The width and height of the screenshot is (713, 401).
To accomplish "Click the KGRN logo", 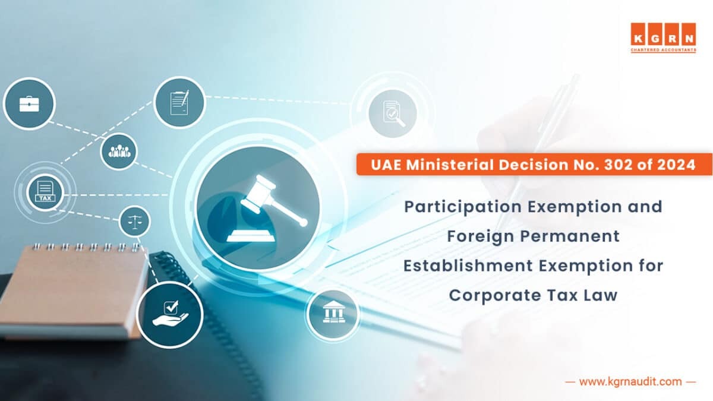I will tap(663, 37).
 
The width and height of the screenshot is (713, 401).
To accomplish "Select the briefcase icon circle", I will tap(29, 104).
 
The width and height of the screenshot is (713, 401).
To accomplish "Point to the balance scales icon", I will tap(135, 222).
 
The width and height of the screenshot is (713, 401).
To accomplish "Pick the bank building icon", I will tap(333, 314).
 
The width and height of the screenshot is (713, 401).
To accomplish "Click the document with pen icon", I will tap(179, 102).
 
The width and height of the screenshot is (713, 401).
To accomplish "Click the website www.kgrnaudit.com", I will tap(630, 382).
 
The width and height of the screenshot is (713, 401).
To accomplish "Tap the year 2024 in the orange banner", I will tap(679, 165).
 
